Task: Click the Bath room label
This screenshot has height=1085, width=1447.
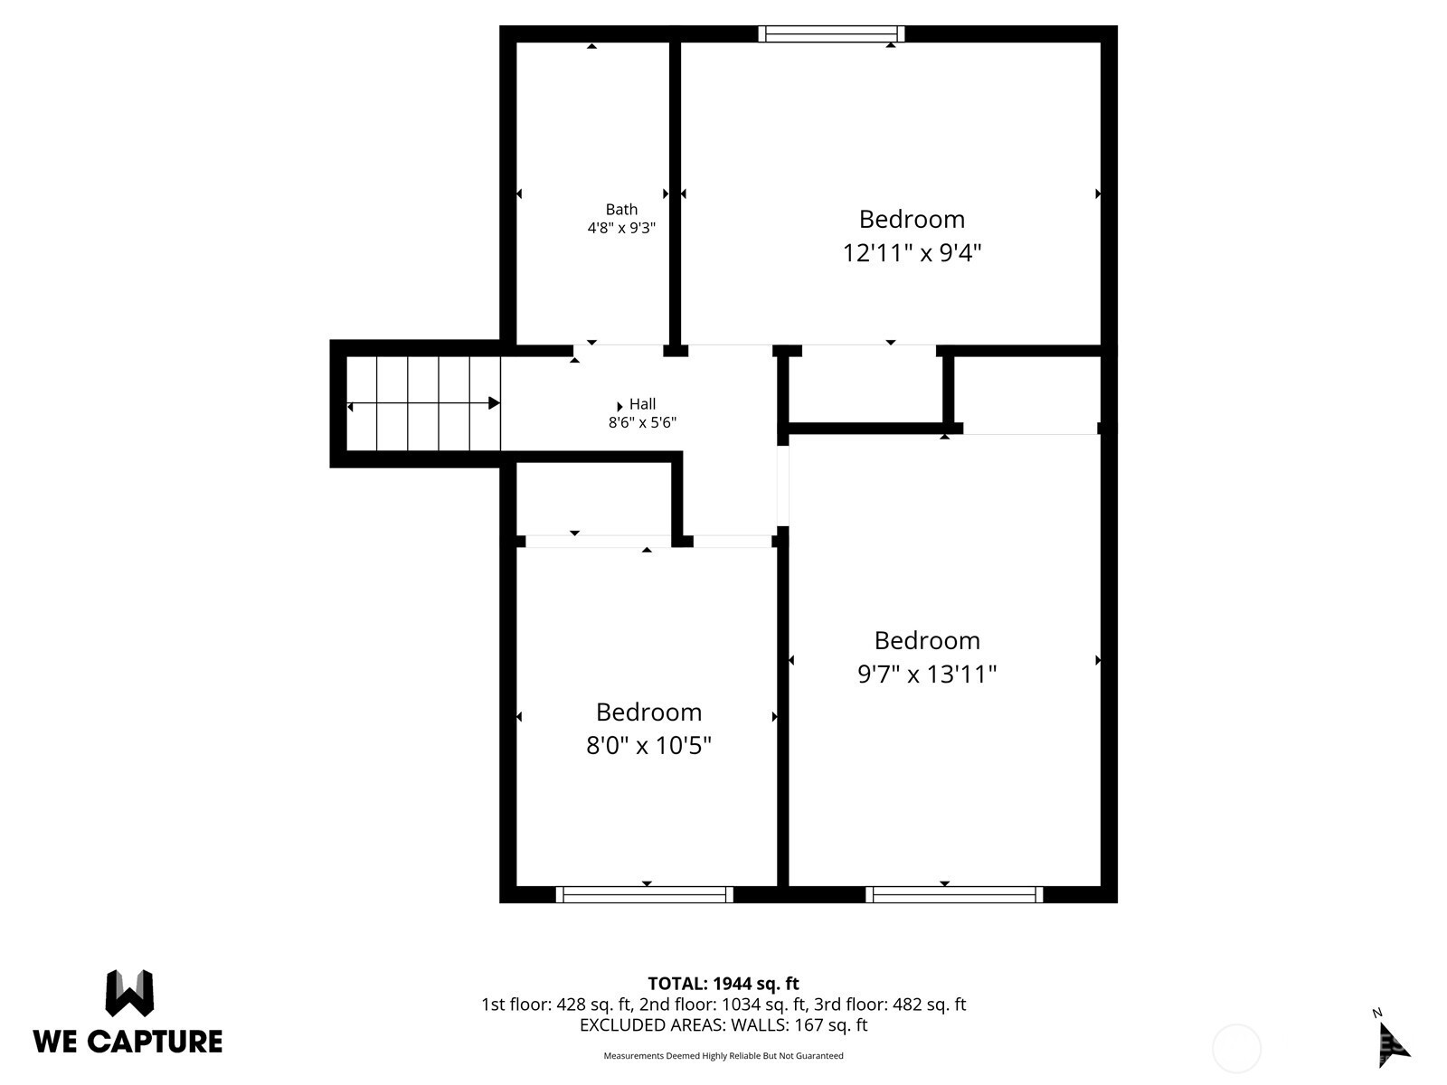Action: [x=621, y=210]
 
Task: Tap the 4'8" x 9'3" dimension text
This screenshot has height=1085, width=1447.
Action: [x=621, y=228]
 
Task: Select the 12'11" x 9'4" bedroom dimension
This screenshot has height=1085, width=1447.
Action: [x=912, y=252]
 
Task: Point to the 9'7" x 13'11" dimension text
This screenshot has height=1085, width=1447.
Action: [x=926, y=674]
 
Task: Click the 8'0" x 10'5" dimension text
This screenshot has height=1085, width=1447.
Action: [x=648, y=745]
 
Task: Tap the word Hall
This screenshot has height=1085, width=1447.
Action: [x=642, y=404]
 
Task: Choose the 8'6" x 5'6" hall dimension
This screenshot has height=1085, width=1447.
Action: [x=642, y=422]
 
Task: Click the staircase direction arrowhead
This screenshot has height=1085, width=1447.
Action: [x=494, y=403]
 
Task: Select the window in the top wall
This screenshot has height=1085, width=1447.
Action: [x=830, y=33]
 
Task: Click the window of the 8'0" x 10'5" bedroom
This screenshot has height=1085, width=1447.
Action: [x=644, y=894]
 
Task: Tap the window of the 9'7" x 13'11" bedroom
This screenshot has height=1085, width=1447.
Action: [x=954, y=894]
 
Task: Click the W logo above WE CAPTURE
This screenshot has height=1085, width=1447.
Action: [x=129, y=993]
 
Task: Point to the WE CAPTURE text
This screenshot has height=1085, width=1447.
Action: [x=128, y=1042]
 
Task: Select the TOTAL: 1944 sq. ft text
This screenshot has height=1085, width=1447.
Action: [x=723, y=984]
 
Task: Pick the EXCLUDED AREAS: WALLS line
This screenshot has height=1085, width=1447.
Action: [x=723, y=1025]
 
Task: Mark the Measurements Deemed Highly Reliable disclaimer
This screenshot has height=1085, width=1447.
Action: [x=723, y=1056]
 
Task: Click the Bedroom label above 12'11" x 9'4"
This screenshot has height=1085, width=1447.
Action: [x=912, y=219]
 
